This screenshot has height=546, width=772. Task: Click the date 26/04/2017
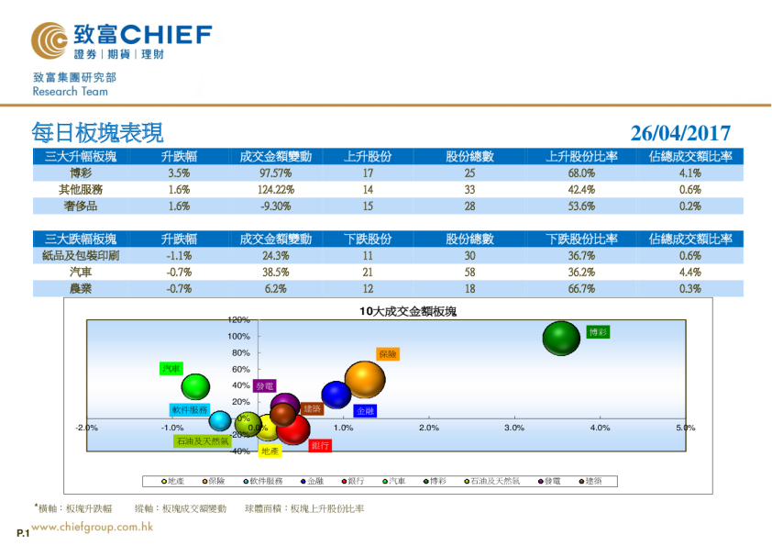[680, 133]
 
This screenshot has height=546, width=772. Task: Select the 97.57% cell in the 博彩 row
[275, 173]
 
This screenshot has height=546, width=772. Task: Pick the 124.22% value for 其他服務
[275, 189]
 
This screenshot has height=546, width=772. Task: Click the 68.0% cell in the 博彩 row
[582, 173]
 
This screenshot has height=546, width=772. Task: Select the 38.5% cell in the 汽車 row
[275, 273]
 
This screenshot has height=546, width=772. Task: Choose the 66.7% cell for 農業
[582, 289]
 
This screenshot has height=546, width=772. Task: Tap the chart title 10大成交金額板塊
[407, 312]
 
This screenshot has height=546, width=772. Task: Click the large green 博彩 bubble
[561, 339]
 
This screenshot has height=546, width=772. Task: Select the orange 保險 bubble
[365, 382]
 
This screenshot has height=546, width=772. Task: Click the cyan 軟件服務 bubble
[219, 421]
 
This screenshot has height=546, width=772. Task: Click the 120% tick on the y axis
[239, 320]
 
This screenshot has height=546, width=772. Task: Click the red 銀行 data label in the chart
[320, 445]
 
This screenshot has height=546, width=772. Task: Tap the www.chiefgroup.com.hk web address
[92, 528]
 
